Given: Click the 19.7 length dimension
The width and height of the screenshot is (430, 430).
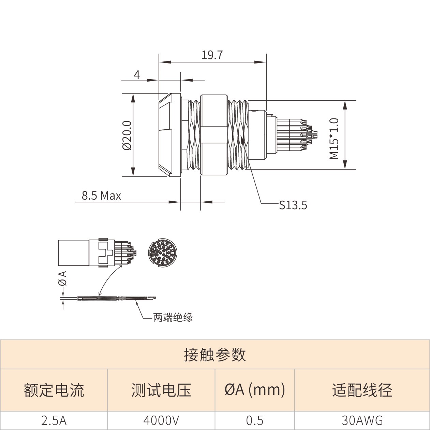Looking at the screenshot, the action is tap(212, 55).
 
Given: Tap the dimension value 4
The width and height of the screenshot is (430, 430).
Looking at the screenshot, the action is tap(137, 75).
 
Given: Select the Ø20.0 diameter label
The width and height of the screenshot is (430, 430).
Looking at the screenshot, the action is tap(128, 135).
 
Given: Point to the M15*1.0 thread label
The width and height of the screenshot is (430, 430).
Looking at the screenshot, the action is tap(334, 139).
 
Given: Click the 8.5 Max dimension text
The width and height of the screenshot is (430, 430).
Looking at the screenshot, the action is tap(101, 196).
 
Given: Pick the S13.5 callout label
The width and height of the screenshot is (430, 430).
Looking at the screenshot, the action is tap(293, 205).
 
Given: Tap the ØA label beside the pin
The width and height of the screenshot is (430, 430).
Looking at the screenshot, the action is tap(63, 278).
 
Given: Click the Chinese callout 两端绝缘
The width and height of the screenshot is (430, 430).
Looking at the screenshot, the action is tap(173, 317).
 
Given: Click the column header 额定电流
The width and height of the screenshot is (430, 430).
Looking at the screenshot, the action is tap(54, 390).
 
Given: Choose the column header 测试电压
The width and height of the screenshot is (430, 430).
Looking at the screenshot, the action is tap(161, 390).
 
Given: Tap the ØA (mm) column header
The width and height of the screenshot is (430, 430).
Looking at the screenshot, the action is tap(255, 390).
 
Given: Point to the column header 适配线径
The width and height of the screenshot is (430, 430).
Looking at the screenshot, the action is tap(362, 390).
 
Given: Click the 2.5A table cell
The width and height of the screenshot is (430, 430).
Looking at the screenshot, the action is tap(54, 420).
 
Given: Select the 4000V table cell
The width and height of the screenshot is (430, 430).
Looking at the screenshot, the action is tap(161, 420).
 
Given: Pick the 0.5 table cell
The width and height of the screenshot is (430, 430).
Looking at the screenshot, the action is tap(255, 420).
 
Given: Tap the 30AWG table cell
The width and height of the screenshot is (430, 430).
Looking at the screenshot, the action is tap(362, 420).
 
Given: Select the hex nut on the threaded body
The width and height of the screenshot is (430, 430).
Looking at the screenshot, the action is tap(214, 134).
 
